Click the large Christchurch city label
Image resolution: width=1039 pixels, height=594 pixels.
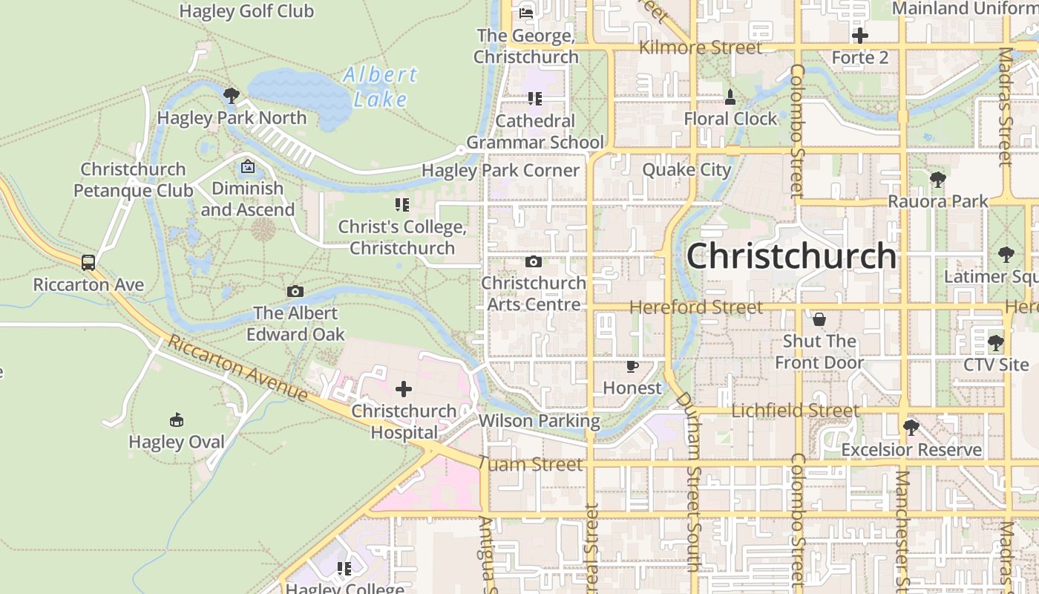point(791,256)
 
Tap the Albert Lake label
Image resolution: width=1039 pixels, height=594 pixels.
point(381,87)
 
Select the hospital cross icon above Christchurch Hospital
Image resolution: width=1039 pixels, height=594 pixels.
point(404,389)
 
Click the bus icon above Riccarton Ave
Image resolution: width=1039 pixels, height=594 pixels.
point(88,262)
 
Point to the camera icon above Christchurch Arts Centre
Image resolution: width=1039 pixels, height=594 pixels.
point(533,261)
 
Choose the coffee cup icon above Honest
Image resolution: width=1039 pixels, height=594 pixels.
point(632,366)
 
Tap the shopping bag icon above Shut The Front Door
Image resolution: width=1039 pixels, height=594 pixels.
point(819,319)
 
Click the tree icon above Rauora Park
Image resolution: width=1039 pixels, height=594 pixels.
point(938,179)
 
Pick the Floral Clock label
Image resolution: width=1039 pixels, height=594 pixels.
point(730,119)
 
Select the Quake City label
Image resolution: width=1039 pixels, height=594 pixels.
point(686,170)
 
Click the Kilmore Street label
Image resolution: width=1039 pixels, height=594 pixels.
point(701,48)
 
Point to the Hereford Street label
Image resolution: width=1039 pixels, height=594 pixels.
point(696,307)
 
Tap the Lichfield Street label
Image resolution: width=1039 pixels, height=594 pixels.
point(796,411)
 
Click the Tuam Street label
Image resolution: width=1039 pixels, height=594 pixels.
point(531,465)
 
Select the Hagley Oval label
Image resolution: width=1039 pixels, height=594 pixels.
point(177,442)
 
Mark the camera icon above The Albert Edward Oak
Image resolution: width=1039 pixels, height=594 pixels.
point(295,292)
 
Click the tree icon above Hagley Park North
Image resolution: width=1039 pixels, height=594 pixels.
point(232,95)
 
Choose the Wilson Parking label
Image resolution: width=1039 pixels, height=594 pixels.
point(540,421)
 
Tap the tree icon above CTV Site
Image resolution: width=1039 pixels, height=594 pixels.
point(995,343)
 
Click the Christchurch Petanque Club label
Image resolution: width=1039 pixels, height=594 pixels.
point(134,180)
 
